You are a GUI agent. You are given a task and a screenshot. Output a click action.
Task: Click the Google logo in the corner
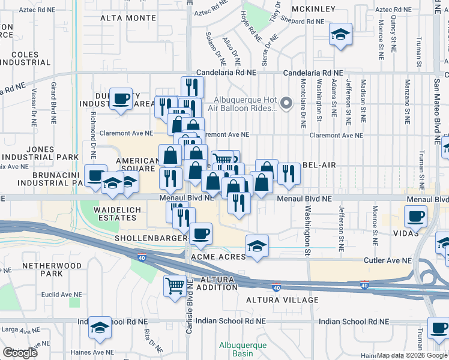click(x=20, y=353)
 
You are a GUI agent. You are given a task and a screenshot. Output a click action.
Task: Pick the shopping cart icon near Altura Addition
click(x=175, y=284)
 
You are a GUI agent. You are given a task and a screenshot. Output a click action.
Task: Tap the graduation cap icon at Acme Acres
click(x=257, y=245)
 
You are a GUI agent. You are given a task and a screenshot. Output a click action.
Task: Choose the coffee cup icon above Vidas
click(x=415, y=216)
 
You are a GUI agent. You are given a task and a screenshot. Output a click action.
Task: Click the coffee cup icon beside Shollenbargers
click(x=200, y=233)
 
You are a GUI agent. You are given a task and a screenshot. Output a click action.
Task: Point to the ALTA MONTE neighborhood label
click(x=125, y=18)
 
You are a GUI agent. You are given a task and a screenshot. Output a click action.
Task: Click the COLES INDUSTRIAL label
click(x=24, y=58)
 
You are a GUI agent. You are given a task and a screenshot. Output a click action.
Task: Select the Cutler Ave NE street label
click(x=390, y=260)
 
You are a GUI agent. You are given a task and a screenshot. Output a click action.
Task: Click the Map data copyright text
click(x=412, y=355)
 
